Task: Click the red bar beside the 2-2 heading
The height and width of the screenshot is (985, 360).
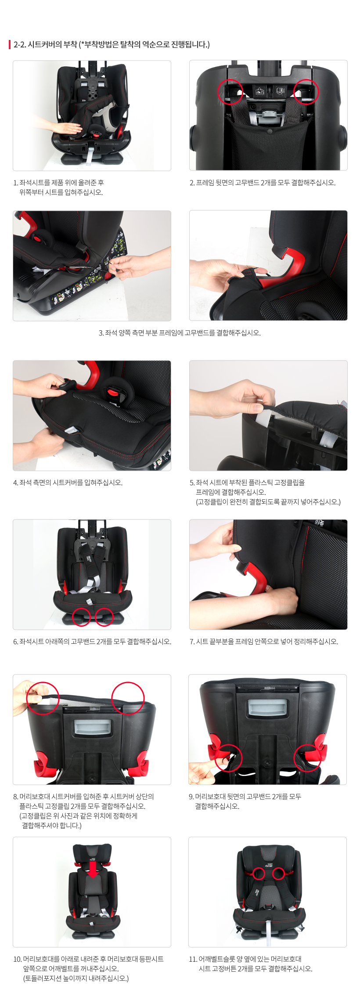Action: (x=10, y=44)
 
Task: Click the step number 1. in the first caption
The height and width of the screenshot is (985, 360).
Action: (x=15, y=183)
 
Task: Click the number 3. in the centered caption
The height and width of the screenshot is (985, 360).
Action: (x=101, y=333)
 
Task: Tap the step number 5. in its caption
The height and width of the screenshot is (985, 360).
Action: (x=192, y=483)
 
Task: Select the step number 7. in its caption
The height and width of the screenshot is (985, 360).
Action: (x=192, y=642)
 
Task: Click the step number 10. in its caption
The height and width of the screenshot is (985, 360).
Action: (x=17, y=959)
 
